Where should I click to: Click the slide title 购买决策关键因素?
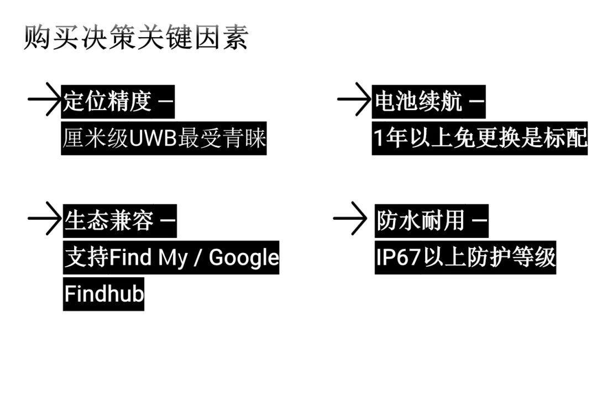point(136,38)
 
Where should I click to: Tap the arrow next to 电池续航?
point(354,100)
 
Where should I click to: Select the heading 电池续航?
point(418,101)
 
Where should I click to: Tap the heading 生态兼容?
point(109,221)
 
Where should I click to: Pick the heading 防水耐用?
point(421,221)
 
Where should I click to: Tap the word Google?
point(244,257)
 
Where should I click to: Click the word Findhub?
point(104,293)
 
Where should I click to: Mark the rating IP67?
point(399,257)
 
